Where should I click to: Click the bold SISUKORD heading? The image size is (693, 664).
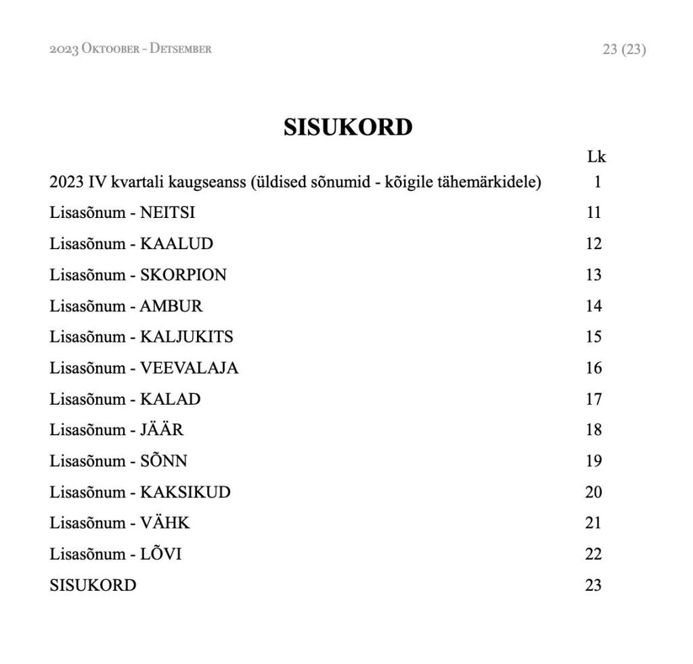pos(348,127)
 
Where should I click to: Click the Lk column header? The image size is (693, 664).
pos(596,157)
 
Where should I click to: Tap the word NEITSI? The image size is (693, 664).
pos(167,213)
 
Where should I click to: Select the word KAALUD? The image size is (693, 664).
pos(176,244)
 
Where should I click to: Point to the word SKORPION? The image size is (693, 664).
pos(183,275)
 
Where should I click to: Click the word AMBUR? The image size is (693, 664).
pos(171,306)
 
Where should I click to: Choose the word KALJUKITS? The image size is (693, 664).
pos(186,336)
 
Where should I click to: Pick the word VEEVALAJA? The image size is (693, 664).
pos(189,368)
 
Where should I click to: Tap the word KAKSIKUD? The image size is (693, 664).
pos(185,492)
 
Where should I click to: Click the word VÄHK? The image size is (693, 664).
pos(164,523)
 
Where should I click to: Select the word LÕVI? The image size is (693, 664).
pos(160,554)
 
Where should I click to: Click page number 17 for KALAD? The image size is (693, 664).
pos(594,399)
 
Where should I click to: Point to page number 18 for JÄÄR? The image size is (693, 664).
pos(594,430)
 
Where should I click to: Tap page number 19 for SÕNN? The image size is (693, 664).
pos(594,461)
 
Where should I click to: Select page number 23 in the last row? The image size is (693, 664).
pos(594,585)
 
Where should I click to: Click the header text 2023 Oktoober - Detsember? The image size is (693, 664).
pos(131,49)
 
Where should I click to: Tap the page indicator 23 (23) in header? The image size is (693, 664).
pos(624,49)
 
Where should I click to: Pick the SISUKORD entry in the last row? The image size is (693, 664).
pos(93,585)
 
